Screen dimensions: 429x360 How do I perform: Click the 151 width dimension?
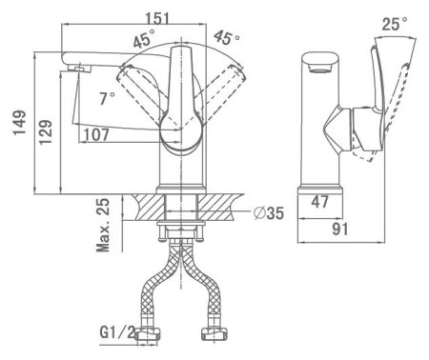157,18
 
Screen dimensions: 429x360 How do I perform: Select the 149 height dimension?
20,123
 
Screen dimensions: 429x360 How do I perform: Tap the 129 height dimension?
46,131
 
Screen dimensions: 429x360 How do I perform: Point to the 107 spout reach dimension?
96,134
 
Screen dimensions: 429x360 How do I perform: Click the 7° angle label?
107,98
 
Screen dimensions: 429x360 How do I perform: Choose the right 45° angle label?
227,38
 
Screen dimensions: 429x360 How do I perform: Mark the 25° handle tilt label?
395,24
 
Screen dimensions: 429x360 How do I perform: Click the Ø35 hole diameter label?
269,213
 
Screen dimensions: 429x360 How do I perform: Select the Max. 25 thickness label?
103,225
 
